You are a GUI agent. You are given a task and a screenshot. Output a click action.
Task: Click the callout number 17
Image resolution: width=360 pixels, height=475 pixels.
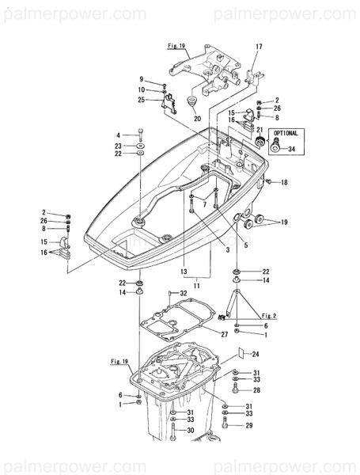click(x=258, y=48)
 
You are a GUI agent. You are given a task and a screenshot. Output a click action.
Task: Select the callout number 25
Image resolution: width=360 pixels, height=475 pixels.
click(x=141, y=100)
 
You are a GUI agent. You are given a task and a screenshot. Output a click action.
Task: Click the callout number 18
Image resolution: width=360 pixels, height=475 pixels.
click(x=285, y=183)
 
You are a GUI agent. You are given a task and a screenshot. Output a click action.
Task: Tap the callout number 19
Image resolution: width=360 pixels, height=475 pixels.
click(x=286, y=224)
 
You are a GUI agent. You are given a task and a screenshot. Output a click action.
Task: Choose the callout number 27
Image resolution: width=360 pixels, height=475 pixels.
click(x=225, y=335)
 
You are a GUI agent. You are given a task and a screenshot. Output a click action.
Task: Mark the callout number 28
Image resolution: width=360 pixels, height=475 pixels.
click(x=256, y=390)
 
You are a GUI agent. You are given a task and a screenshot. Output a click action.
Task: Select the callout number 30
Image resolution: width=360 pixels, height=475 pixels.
click(x=191, y=430)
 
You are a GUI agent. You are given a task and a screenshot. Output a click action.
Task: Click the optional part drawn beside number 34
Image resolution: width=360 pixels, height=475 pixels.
click(x=275, y=146)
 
